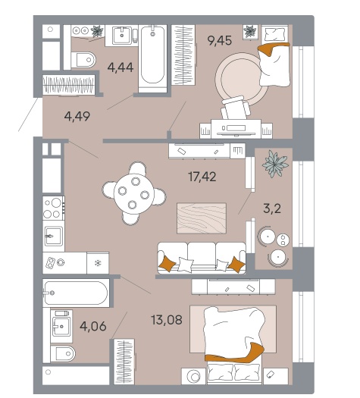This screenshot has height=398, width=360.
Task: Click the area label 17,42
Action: point(202,177)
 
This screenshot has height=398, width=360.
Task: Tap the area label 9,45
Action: point(220,40)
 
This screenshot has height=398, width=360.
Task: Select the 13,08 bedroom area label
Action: point(167,320)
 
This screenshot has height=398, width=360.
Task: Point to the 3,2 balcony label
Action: point(272,208)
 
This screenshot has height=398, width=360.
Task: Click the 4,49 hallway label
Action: point(77,117)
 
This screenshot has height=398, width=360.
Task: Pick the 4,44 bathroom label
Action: point(121,67)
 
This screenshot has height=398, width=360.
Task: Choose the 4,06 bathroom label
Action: point(93,326)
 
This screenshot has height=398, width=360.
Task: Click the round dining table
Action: point(133,193)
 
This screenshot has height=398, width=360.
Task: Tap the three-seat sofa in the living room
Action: point(202,258)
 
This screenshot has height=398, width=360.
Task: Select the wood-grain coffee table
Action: point(202,218)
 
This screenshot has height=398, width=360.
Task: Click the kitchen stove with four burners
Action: point(53,208)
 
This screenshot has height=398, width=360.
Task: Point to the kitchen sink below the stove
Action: point(54,236)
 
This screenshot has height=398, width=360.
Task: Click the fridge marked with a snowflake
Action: point(98,263)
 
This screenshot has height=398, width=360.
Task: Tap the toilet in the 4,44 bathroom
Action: point(83,60)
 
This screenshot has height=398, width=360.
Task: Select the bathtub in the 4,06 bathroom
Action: point(76,293)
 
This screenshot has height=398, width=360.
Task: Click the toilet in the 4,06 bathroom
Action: point(63,353)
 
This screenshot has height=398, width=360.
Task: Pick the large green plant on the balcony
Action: point(275,164)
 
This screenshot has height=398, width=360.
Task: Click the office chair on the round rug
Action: point(236,108)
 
